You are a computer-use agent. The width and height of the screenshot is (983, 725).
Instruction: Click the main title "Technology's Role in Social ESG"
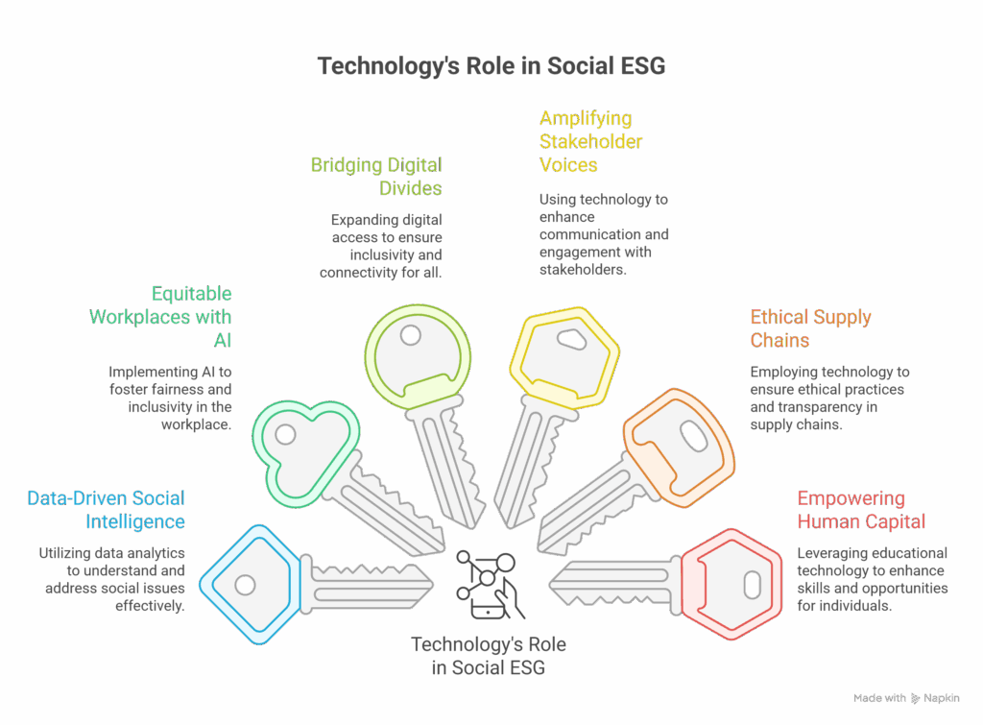coord(491,66)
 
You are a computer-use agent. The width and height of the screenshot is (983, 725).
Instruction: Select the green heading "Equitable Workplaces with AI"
coord(161,316)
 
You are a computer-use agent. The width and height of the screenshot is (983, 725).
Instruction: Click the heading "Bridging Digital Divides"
coord(376,176)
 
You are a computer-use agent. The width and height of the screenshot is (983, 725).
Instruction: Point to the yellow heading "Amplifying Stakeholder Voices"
coord(590,141)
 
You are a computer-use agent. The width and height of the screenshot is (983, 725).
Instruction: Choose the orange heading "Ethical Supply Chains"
coord(810,328)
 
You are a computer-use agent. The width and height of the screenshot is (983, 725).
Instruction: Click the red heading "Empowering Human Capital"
coord(862,510)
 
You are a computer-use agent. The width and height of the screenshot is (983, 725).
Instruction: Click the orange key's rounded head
coord(679,447)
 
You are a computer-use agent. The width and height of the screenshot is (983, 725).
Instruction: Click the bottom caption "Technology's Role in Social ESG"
coord(488,655)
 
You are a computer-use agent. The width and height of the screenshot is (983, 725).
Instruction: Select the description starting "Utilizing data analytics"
coord(112,579)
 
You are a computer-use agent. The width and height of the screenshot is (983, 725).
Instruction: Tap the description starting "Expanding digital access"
coord(381,247)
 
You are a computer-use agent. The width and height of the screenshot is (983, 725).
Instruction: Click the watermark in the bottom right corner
coord(906,698)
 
